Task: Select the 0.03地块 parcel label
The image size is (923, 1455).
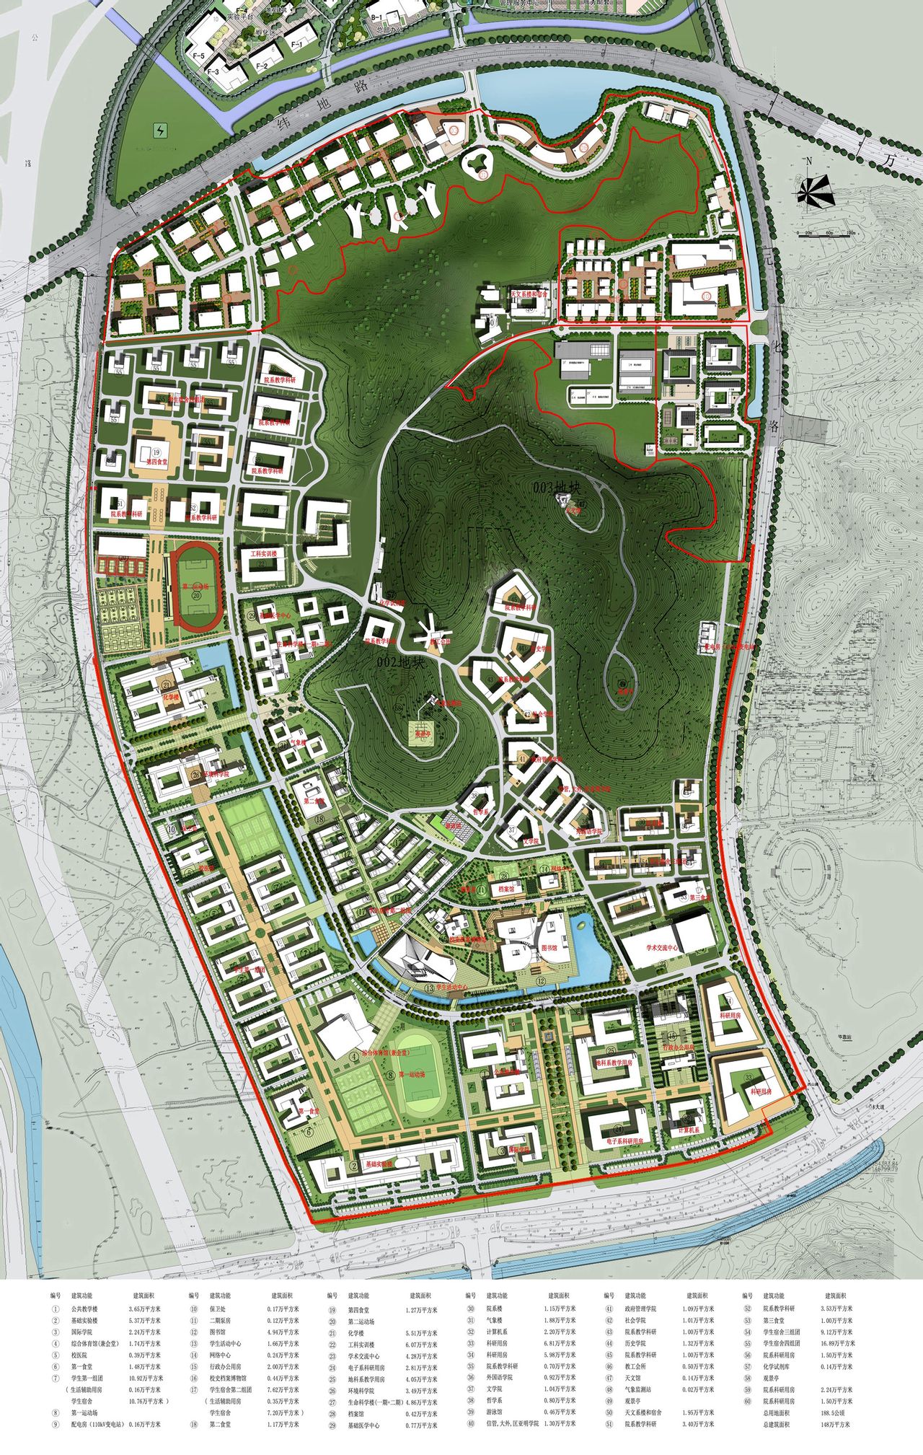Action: point(557,488)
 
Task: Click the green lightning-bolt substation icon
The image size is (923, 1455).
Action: point(159,131)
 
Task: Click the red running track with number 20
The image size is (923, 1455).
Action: point(195,586)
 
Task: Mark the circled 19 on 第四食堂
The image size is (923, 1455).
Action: point(155,452)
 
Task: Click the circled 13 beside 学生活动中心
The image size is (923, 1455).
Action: point(430,988)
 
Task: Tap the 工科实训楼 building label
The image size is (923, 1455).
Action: point(268,553)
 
